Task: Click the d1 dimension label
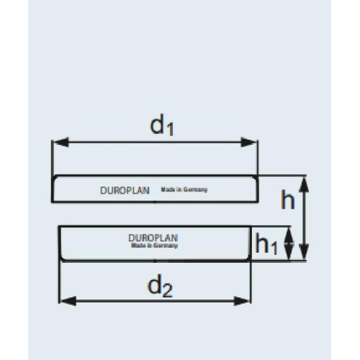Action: tap(161, 125)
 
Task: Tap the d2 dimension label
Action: tap(160, 287)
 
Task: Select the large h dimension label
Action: tap(288, 199)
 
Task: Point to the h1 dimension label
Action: tap(266, 243)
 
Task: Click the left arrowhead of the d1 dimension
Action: tap(61, 142)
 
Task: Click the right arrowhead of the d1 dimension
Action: tap(248, 142)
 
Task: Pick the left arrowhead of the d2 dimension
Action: tap(68, 301)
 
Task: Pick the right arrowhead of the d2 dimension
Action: tap(242, 301)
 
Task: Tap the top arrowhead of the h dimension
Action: tap(305, 184)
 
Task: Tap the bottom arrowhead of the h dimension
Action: tap(305, 251)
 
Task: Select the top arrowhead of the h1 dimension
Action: tap(289, 235)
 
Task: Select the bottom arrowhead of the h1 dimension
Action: tap(289, 251)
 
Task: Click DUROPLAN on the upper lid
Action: tap(125, 191)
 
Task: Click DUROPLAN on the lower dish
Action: tap(153, 238)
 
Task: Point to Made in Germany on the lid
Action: tap(184, 189)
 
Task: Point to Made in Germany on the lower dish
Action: tap(154, 246)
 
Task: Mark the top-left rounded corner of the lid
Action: tap(55, 179)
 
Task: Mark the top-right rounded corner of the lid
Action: tap(255, 179)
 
